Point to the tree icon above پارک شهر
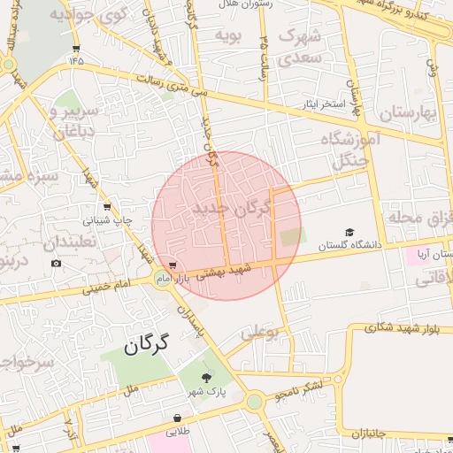pyautogui.click(x=207, y=377)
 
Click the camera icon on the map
pyautogui.click(x=57, y=263)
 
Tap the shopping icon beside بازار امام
pyautogui.click(x=173, y=265)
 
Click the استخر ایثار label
pyautogui.click(x=320, y=104)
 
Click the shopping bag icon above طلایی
pyautogui.click(x=178, y=418)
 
